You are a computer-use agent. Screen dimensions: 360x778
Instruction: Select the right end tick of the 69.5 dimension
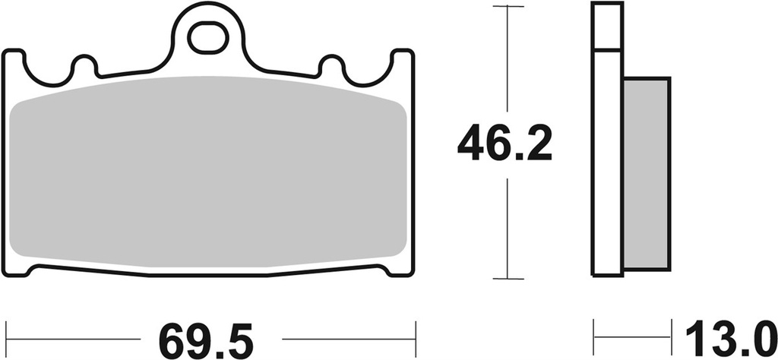point(416,334)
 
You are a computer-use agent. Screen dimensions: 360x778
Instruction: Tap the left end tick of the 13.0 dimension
point(594,334)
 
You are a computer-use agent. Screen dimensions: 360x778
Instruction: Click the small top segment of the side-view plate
point(606,27)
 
